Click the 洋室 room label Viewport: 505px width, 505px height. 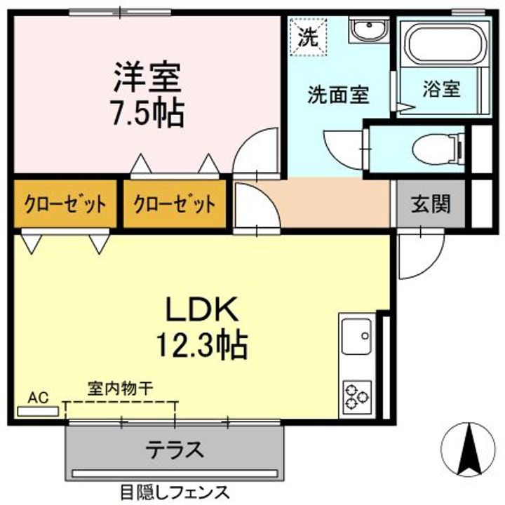coord(148,78)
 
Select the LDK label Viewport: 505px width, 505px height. coord(203,309)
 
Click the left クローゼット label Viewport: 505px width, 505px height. coord(65,205)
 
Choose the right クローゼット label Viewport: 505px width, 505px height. coord(174,205)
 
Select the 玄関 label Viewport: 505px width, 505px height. coord(430,205)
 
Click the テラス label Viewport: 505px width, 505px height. coord(175,450)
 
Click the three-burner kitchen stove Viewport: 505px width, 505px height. coord(356,398)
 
